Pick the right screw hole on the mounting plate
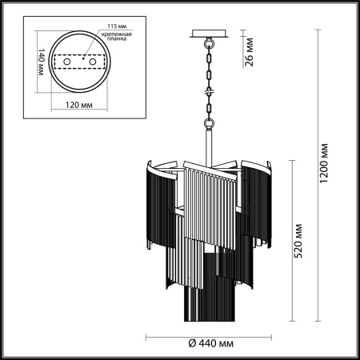point(93,61)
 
